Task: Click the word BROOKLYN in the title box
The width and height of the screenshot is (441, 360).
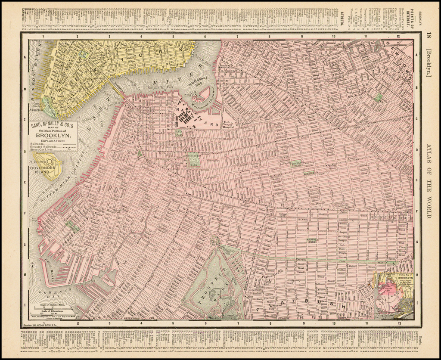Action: [53, 134]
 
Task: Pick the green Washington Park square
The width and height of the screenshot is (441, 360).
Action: [194, 160]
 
